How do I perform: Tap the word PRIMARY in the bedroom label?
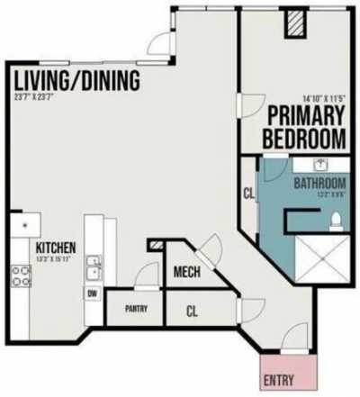(305, 118)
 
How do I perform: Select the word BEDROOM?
(305, 139)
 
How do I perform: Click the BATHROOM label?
(319, 185)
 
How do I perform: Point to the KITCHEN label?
(55, 248)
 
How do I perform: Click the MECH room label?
(186, 274)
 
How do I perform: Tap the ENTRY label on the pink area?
(279, 380)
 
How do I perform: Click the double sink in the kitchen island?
(93, 266)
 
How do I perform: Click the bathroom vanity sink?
(319, 166)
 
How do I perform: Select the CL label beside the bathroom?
(248, 193)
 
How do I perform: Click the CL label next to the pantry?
(192, 312)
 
